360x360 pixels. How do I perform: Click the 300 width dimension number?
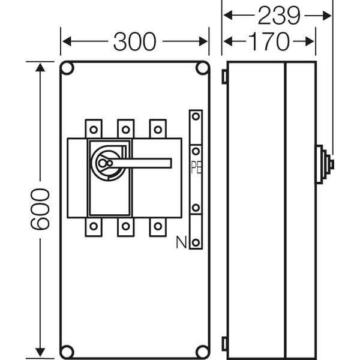pyautogui.click(x=134, y=41)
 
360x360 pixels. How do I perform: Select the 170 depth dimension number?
pyautogui.click(x=269, y=41)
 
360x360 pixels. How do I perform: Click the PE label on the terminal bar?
pyautogui.click(x=196, y=167)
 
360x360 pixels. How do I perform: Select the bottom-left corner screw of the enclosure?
pyautogui.click(x=68, y=350)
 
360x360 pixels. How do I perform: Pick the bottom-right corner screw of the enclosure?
pyautogui.click(x=200, y=350)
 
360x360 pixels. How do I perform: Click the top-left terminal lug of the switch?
pyautogui.click(x=94, y=128)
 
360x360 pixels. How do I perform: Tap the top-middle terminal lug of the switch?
pyautogui.click(x=125, y=128)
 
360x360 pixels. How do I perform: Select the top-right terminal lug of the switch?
pyautogui.click(x=157, y=128)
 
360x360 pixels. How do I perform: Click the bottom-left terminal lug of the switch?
pyautogui.click(x=94, y=226)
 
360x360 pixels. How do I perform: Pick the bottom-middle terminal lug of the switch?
pyautogui.click(x=125, y=226)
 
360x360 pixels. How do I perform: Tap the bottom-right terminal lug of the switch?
pyautogui.click(x=157, y=226)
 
